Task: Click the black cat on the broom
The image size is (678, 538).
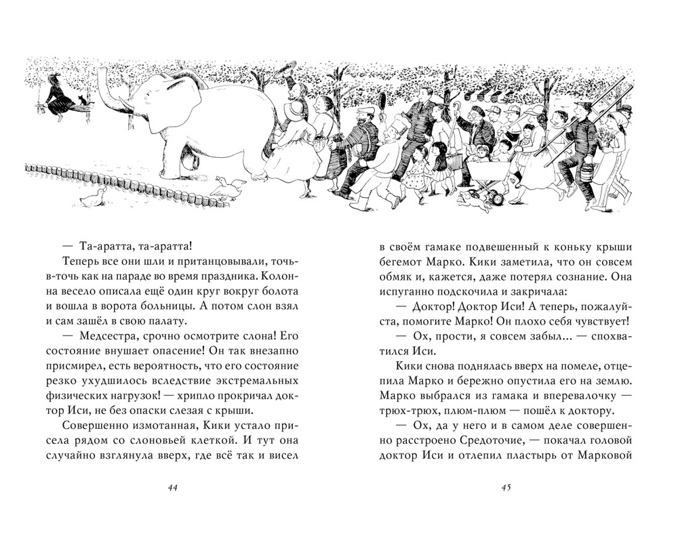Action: point(84,101)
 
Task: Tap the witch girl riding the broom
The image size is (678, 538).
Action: point(58,98)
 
